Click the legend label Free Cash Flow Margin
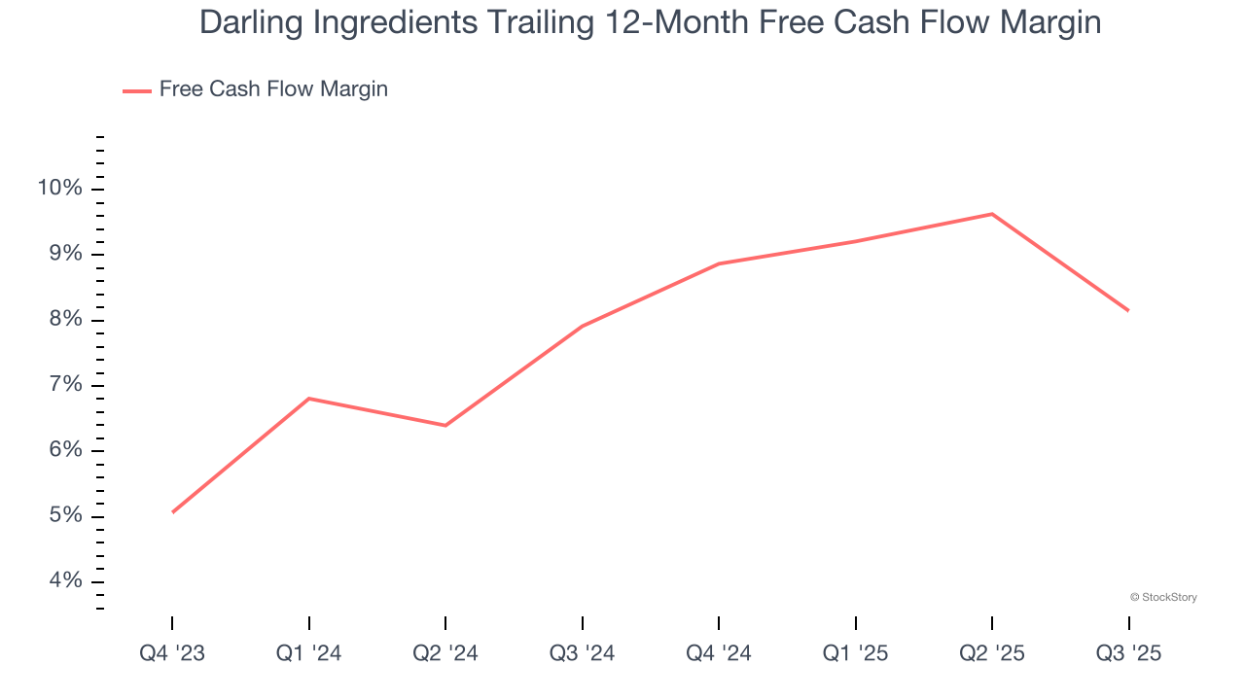click(x=273, y=89)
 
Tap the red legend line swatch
click(x=136, y=90)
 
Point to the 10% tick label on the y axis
click(x=60, y=188)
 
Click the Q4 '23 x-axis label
click(x=172, y=654)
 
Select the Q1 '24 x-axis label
click(x=308, y=654)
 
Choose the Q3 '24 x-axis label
click(x=582, y=654)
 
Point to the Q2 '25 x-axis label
click(x=992, y=654)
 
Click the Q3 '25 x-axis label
click(x=1128, y=654)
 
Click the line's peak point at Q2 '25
click(x=992, y=214)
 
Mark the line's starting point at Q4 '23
click(x=172, y=512)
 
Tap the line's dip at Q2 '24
click(x=445, y=425)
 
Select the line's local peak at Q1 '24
click(x=308, y=399)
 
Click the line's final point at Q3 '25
click(x=1128, y=310)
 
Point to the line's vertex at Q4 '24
click(x=719, y=263)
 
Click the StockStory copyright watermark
click(x=1163, y=597)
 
